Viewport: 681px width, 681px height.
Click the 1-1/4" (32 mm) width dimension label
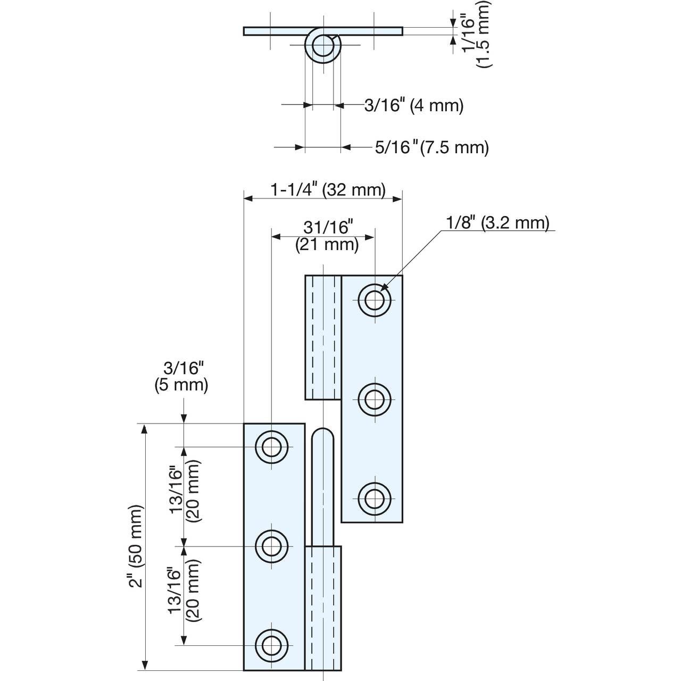coord(328,190)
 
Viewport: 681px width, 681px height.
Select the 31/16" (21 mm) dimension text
coord(327,236)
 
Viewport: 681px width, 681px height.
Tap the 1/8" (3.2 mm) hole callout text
coord(497,222)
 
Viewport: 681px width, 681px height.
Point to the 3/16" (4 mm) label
coord(414,105)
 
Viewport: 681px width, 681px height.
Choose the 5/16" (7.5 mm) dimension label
coord(432,147)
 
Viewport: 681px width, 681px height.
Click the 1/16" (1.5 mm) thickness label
coord(476,34)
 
